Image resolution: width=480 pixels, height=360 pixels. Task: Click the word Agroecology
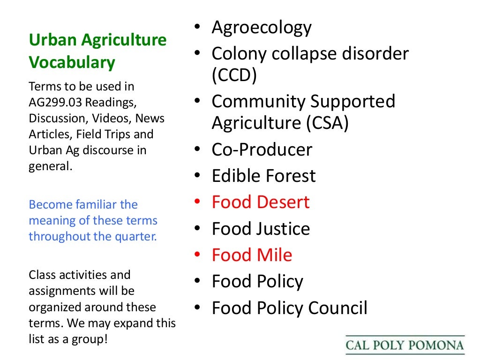(x=261, y=28)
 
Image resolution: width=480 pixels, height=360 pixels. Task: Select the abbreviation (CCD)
(x=234, y=75)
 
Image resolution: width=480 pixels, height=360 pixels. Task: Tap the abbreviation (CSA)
(x=328, y=123)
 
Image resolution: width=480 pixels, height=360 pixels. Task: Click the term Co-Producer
(x=262, y=150)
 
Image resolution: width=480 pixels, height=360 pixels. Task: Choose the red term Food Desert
(x=260, y=202)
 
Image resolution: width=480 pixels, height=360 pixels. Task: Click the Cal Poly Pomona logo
(x=405, y=346)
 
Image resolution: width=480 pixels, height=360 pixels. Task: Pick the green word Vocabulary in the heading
(x=72, y=62)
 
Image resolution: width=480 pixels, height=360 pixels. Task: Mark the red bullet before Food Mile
(x=199, y=255)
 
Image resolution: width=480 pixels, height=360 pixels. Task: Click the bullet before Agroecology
(x=199, y=28)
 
